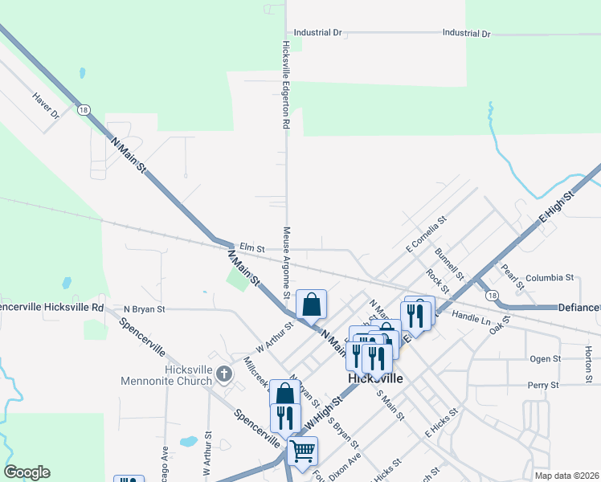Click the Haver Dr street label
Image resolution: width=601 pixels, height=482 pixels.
point(47,105)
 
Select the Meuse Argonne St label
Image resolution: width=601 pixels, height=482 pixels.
point(285,259)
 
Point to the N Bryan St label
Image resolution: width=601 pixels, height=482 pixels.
point(144,308)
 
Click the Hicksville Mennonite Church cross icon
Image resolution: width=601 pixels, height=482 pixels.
point(223,374)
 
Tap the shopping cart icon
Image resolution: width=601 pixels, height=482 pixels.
point(303,451)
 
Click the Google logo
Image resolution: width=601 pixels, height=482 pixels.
point(27,472)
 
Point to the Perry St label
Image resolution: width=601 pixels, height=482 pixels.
point(542,386)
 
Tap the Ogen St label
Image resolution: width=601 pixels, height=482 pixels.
point(544,358)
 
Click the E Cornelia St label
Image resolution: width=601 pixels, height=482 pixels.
point(426,231)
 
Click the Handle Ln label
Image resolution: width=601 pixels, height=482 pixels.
point(471,318)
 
